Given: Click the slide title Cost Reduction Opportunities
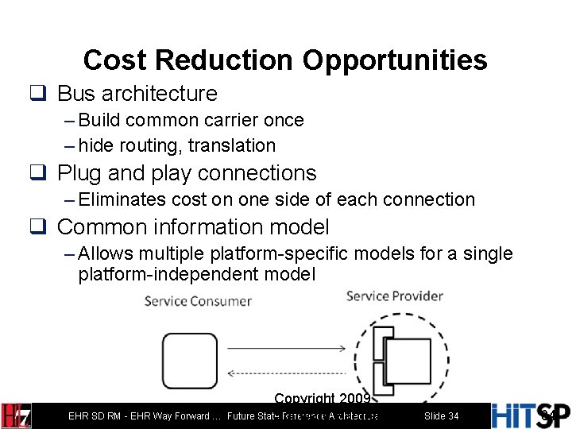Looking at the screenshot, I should point(285,60).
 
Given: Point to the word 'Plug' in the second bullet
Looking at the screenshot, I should point(78,172).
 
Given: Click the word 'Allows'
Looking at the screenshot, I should point(106,253).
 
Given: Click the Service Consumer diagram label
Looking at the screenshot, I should point(198,301).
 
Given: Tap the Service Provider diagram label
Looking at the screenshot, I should point(395,296).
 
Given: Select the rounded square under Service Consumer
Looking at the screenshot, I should point(190,360).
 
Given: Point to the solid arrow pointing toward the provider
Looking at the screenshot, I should point(286,347).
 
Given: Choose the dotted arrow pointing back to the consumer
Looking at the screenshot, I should point(286,373).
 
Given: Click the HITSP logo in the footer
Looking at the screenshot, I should point(531,415).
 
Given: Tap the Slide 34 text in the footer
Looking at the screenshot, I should point(441,416).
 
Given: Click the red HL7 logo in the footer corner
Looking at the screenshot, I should point(16,415).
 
